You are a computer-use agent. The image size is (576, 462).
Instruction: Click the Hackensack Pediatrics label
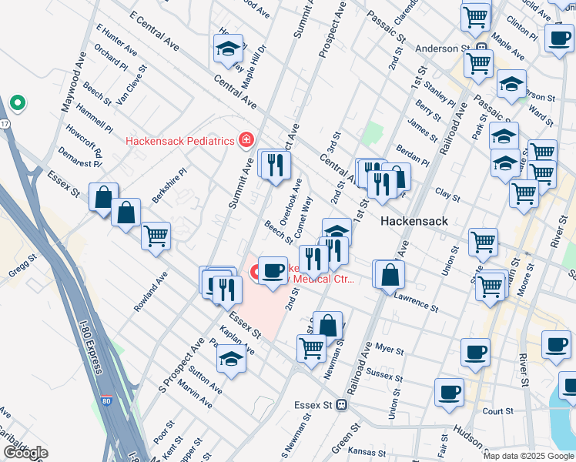tap(179, 141)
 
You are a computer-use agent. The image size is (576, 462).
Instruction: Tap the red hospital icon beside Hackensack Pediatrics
tap(246, 140)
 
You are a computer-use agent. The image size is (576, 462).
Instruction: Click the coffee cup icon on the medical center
tap(272, 271)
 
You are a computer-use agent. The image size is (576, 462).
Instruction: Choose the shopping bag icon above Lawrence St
tap(390, 274)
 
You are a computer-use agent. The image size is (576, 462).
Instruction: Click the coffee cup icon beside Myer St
tap(475, 353)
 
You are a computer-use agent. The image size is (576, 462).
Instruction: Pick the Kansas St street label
tap(365, 450)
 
